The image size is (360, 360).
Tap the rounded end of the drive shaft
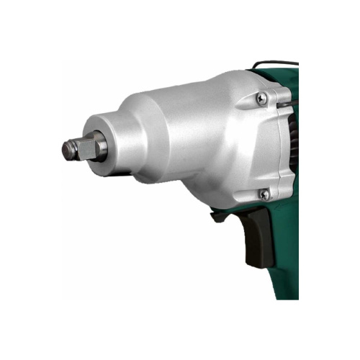(x=68, y=150)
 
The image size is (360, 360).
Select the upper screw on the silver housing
(x=263, y=98)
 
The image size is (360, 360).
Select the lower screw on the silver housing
(x=264, y=194)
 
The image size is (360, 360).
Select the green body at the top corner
(x=288, y=76)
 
